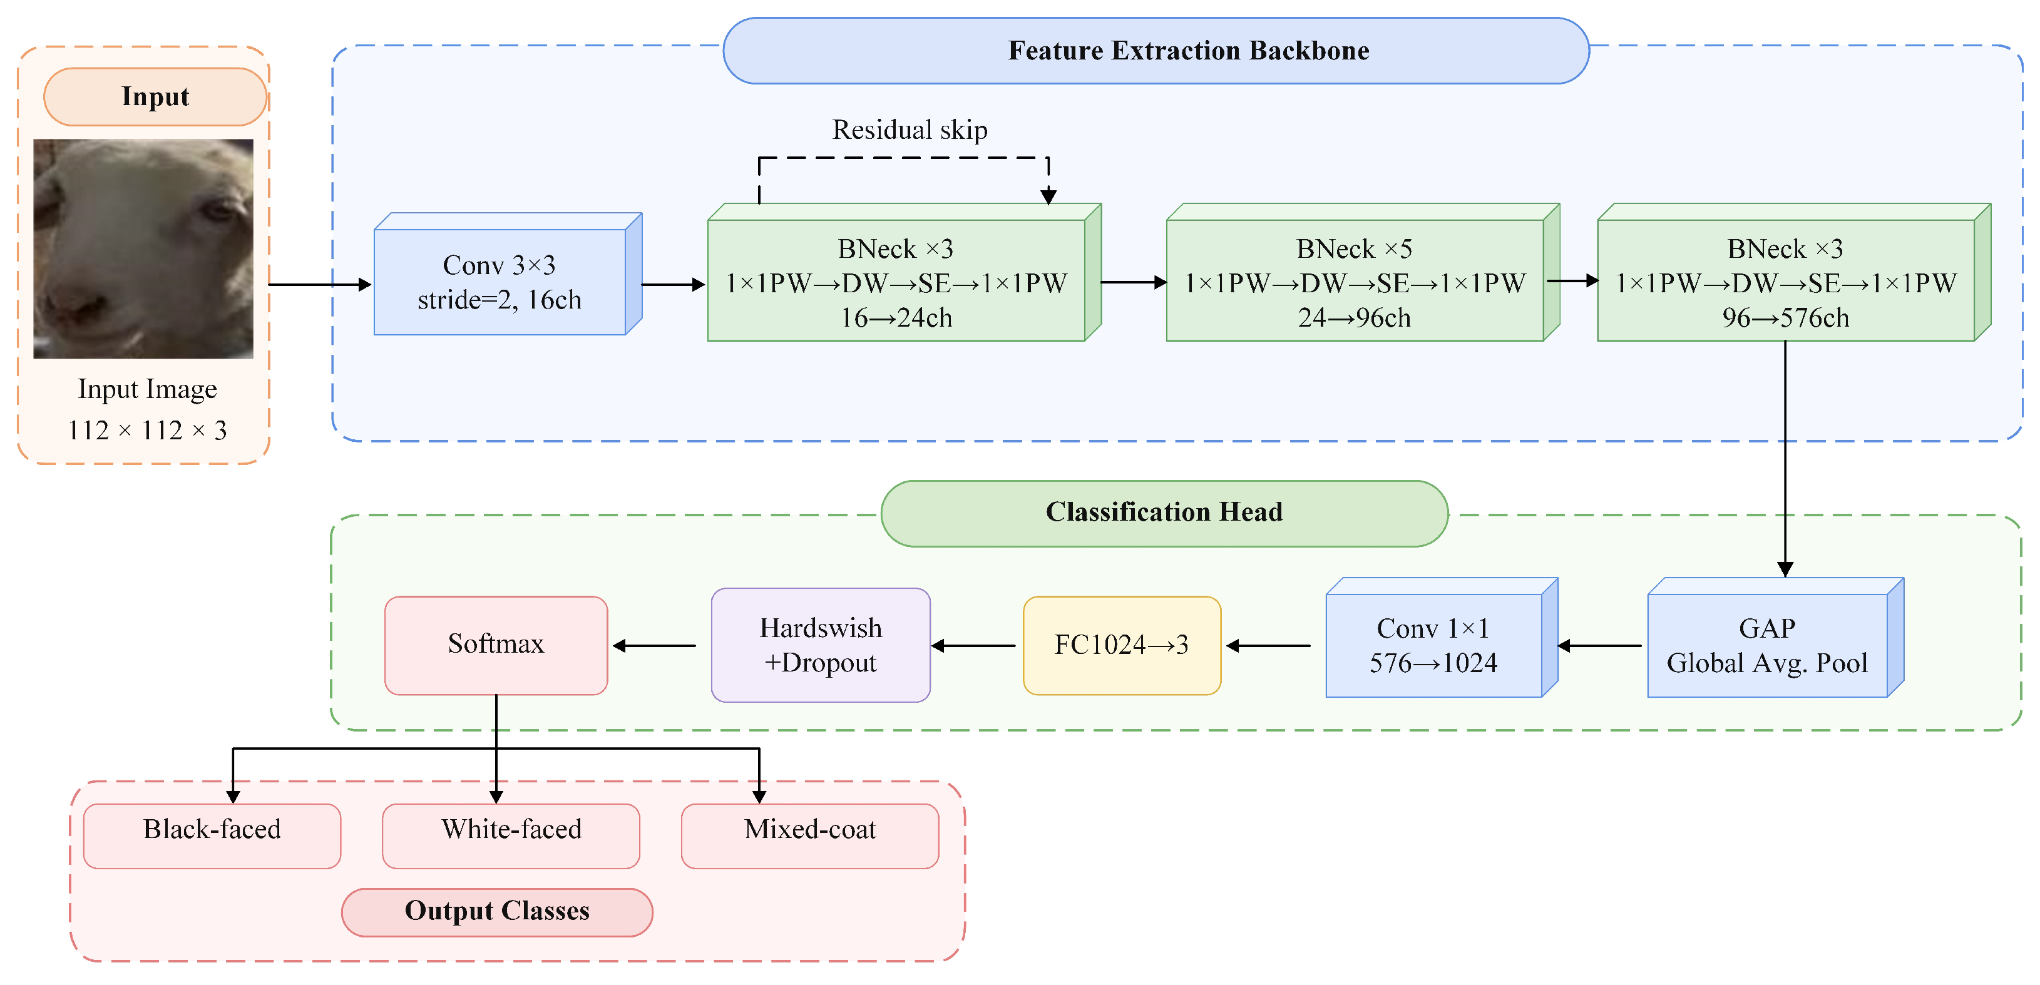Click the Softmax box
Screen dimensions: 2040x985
pyautogui.click(x=496, y=645)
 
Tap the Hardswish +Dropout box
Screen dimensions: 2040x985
pyautogui.click(x=821, y=645)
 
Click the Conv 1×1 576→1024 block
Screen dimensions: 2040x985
pyautogui.click(x=1442, y=638)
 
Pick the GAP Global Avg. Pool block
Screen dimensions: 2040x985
pyautogui.click(x=1775, y=638)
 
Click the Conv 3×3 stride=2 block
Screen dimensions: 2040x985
pyautogui.click(x=508, y=274)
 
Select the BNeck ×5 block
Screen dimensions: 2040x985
pyautogui.click(x=1363, y=272)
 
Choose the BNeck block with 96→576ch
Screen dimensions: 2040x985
pyautogui.click(x=1794, y=272)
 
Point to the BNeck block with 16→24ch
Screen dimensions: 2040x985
pyautogui.click(x=905, y=272)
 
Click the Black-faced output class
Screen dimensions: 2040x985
pyautogui.click(x=212, y=836)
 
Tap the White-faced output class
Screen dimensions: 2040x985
pyautogui.click(x=511, y=836)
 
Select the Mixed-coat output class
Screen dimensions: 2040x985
pyautogui.click(x=810, y=836)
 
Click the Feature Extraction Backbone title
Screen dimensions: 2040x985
pyautogui.click(x=1189, y=51)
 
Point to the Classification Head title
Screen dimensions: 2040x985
pyautogui.click(x=1164, y=513)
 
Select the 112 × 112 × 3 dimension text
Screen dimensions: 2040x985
pyautogui.click(x=147, y=431)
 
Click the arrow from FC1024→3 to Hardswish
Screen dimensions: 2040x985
pyautogui.click(x=973, y=646)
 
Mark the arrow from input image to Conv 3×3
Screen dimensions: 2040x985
pyautogui.click(x=320, y=284)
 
